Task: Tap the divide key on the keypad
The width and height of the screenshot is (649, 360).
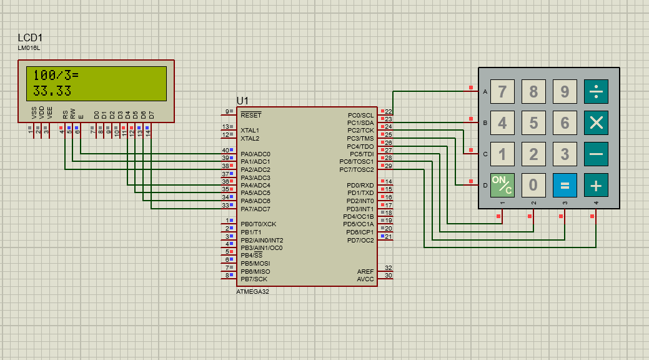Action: (x=596, y=92)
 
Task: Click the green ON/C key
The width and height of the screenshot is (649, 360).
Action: (x=502, y=184)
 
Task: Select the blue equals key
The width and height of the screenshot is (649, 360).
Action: (x=565, y=184)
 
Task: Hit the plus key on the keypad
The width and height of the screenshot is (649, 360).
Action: (x=596, y=184)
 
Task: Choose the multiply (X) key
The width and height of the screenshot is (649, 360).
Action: (x=596, y=122)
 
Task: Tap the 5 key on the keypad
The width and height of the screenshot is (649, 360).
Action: (x=533, y=122)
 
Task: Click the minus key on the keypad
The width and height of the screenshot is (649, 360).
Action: (x=596, y=154)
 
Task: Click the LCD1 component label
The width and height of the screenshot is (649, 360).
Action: (x=30, y=38)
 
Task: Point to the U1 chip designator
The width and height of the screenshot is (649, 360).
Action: (x=242, y=101)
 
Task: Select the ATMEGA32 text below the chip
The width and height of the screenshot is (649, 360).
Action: (x=252, y=291)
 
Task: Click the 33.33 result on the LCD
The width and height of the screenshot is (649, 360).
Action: (x=52, y=91)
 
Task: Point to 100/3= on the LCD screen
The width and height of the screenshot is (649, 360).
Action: (x=56, y=75)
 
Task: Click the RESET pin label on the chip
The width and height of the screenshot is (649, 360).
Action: (x=251, y=115)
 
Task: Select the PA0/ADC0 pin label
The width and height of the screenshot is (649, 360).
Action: (x=255, y=154)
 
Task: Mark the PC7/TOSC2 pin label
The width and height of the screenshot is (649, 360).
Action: (x=356, y=169)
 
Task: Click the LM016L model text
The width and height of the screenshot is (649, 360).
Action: (x=29, y=48)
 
